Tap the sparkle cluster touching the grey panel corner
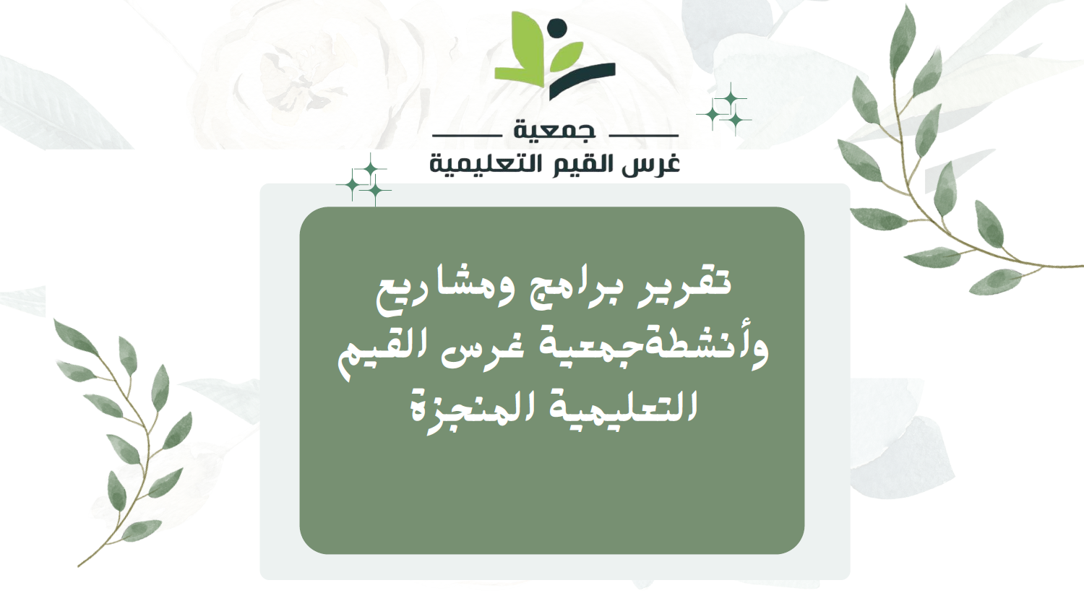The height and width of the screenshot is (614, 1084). [364, 180]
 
